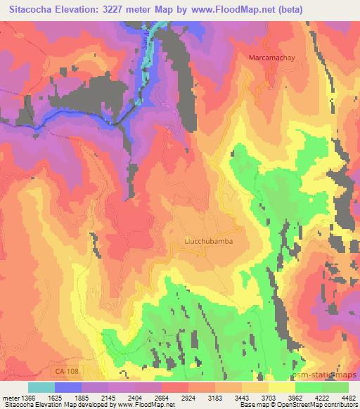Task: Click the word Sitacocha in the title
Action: pos(34,9)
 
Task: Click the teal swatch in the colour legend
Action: pos(41,387)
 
